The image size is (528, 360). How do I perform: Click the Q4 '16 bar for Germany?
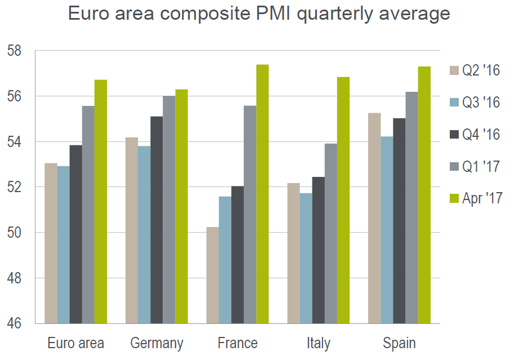(156, 220)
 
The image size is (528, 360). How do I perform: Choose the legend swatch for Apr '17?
(454, 198)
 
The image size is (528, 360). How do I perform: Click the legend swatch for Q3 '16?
(454, 103)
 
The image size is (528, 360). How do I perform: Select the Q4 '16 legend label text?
(481, 135)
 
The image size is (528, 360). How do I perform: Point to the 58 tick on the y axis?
(14, 51)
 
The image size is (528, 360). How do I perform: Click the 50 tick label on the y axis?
(14, 233)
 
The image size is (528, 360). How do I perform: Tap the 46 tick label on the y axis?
(14, 324)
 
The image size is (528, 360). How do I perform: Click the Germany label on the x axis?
(156, 343)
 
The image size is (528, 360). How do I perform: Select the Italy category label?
(319, 343)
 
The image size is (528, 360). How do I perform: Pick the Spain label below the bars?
(399, 343)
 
